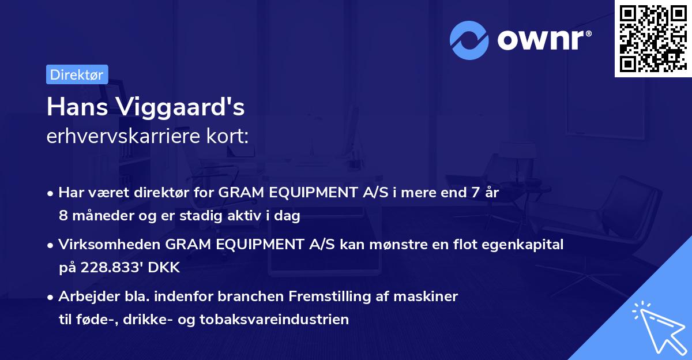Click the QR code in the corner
pyautogui.click(x=652, y=38)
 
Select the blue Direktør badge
pyautogui.click(x=77, y=74)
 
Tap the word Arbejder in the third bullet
pyautogui.click(x=82, y=297)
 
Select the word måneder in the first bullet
pyautogui.click(x=97, y=216)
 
